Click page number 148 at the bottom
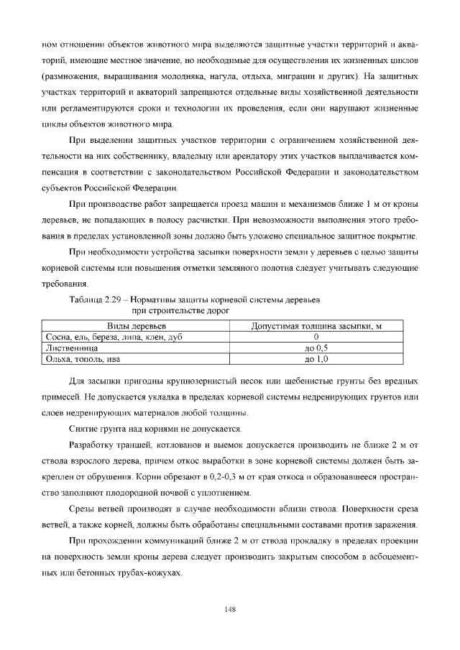[x=230, y=609]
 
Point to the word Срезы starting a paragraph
[x=81, y=509]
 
